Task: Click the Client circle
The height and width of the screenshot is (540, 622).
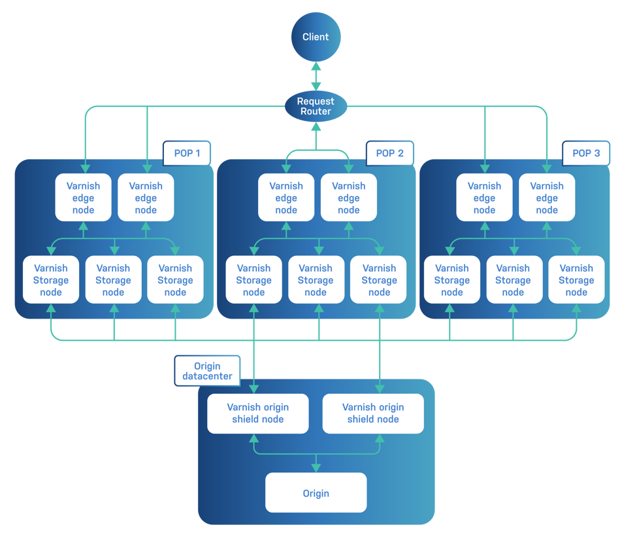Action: coord(316,37)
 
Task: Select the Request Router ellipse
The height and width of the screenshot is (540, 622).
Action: coord(316,106)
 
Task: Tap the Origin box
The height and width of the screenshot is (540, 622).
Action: coord(316,493)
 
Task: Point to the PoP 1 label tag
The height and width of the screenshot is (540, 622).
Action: coord(186,153)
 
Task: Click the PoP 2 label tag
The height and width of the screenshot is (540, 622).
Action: coord(389,153)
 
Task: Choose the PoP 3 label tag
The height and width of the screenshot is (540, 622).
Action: coord(586,153)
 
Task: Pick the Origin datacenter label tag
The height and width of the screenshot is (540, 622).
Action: coord(206,370)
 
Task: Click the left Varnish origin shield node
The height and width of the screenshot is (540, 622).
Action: coord(257,413)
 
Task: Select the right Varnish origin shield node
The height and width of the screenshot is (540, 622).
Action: coord(373,413)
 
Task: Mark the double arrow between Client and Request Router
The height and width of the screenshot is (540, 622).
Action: coord(316,76)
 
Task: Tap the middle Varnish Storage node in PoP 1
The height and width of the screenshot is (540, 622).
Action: coord(113,280)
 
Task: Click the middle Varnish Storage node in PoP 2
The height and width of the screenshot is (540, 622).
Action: coord(316,280)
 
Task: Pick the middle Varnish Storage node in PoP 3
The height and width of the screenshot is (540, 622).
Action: coord(513,280)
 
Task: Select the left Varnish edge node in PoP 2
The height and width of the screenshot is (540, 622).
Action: coord(286,198)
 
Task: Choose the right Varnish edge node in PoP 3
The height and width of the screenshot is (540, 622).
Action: coord(547,198)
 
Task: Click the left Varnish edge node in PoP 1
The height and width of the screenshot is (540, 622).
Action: coord(84,198)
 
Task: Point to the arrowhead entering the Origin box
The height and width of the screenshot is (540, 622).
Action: coord(316,468)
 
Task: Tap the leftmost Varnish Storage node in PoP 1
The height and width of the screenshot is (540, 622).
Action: coord(50,280)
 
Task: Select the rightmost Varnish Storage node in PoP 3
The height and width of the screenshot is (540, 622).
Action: coord(576,280)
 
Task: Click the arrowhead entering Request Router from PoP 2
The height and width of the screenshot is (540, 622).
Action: coord(316,128)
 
